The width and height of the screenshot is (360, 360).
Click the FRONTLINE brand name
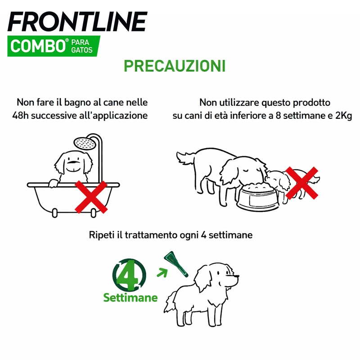tap(77, 21)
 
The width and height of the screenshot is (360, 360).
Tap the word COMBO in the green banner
tap(38, 46)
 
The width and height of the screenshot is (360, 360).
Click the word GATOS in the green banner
tap(82, 50)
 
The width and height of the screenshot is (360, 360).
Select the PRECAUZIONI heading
tap(175, 66)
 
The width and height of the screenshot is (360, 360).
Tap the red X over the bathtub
tap(91, 197)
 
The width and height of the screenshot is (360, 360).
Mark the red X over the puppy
tap(301, 183)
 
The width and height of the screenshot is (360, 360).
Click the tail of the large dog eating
tap(185, 157)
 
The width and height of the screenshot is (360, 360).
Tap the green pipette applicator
tap(176, 264)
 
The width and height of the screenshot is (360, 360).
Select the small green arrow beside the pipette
tap(162, 273)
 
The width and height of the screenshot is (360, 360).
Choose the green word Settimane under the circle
tap(130, 297)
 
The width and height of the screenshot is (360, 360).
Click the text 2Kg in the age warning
tap(343, 116)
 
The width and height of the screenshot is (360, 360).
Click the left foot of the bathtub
tap(54, 213)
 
